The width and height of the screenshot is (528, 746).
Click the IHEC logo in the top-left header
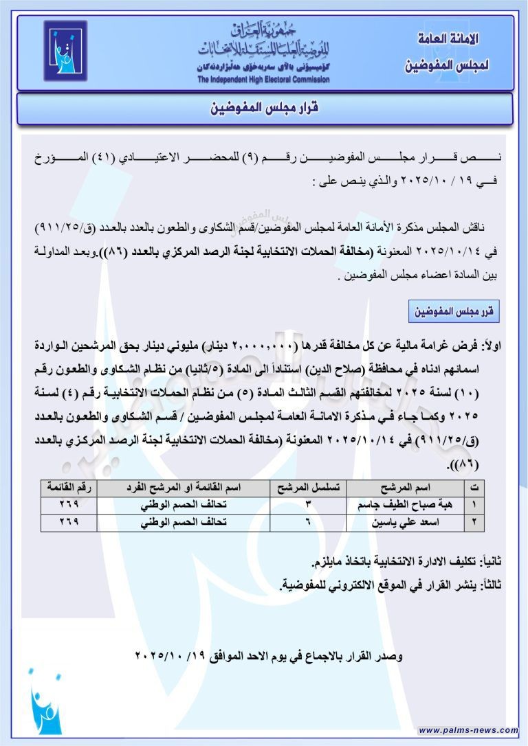(65, 52)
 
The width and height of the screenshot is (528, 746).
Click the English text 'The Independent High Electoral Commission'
(263, 80)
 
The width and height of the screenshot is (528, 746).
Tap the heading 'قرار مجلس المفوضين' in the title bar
(265, 109)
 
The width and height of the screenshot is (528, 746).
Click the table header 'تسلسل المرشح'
(308, 488)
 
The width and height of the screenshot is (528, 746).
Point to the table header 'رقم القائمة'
(69, 488)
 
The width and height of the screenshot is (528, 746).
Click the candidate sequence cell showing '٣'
(307, 505)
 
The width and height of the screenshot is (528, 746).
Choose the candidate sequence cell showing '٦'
(307, 522)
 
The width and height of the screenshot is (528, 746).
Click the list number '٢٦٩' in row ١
(69, 505)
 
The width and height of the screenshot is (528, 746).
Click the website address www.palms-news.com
(468, 730)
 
